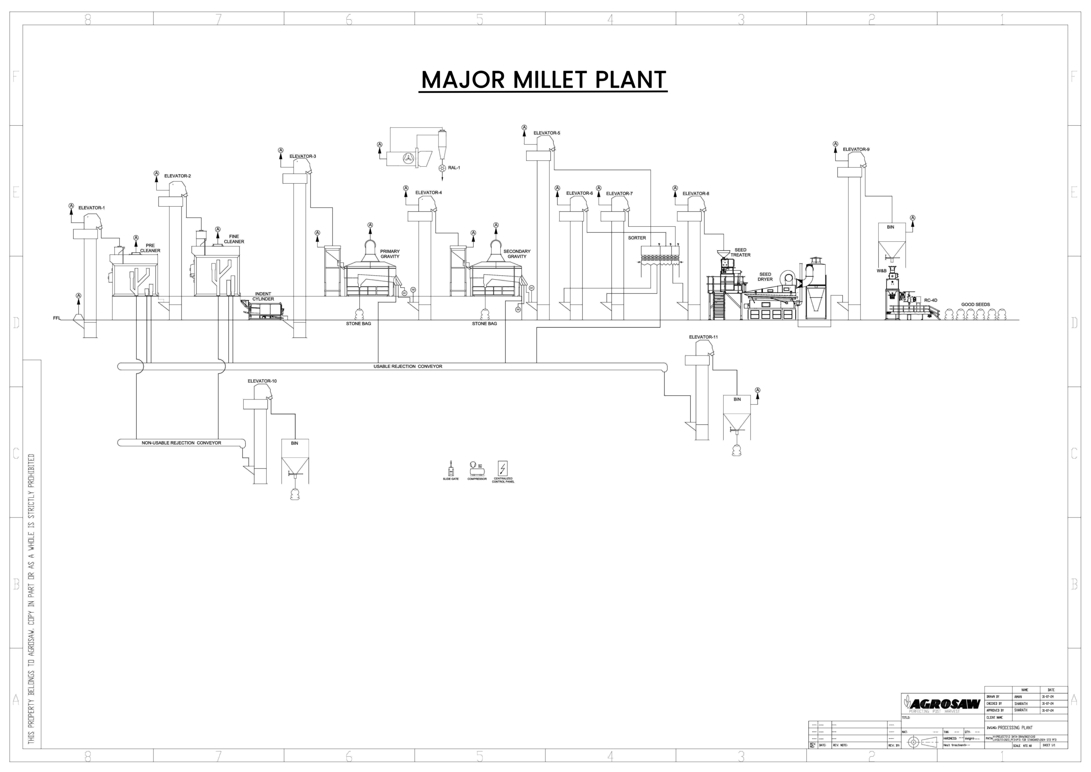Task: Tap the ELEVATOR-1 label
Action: pos(91,208)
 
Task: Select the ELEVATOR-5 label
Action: pos(546,133)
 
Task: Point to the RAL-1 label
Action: pos(454,168)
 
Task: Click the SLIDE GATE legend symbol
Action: pos(451,469)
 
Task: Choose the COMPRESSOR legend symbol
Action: pos(476,469)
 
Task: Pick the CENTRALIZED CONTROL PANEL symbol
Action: pos(503,468)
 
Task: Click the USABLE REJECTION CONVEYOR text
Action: pos(408,367)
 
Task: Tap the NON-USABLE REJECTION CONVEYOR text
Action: pos(181,443)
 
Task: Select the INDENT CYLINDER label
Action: pos(263,297)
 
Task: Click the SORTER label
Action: pos(637,238)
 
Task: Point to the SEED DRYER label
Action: pos(765,277)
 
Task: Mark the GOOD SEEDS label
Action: pos(976,305)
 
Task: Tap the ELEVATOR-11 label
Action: pos(703,337)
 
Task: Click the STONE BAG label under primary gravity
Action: pos(358,324)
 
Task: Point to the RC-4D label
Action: pos(930,301)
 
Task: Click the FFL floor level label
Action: pos(57,318)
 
